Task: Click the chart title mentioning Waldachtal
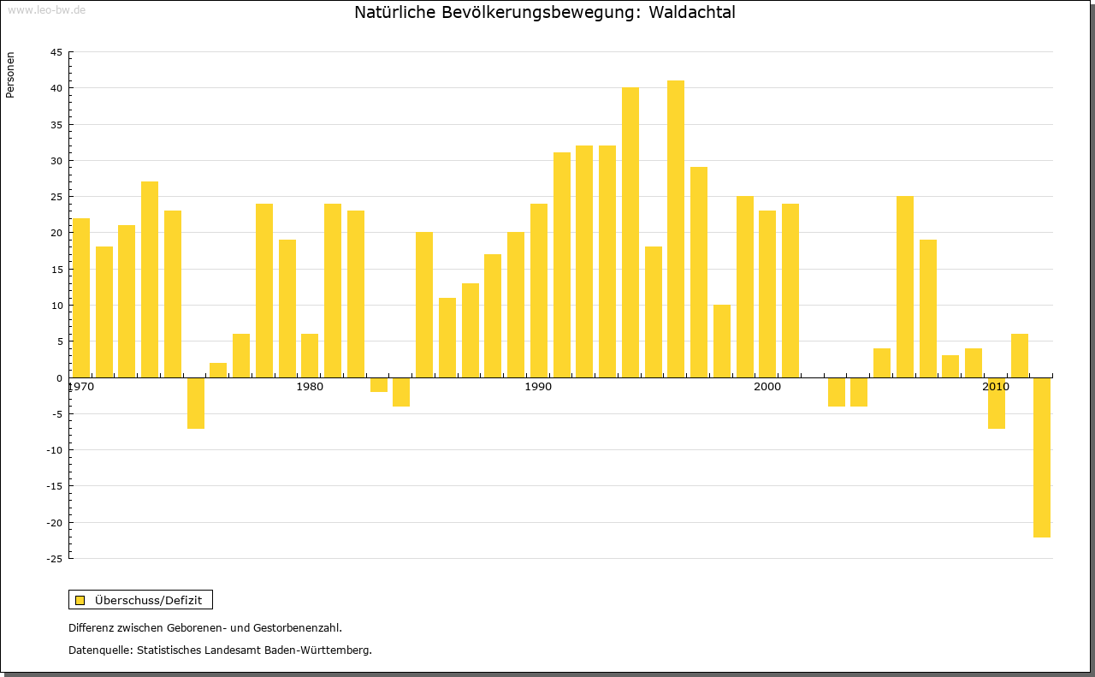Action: point(545,13)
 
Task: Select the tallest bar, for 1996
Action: point(676,229)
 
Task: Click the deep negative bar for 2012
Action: point(1041,457)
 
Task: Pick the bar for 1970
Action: point(81,297)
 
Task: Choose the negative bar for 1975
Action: point(196,402)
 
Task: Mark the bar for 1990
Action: point(539,290)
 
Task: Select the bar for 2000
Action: point(767,294)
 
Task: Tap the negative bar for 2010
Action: point(996,402)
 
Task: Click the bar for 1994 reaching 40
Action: point(630,232)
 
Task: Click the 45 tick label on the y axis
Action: point(56,52)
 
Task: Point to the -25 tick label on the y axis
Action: point(53,559)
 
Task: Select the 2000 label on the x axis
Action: point(767,388)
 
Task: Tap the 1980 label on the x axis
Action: point(310,388)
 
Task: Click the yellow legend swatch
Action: point(80,600)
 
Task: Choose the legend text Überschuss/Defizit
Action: point(149,600)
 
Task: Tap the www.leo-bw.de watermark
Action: point(45,9)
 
